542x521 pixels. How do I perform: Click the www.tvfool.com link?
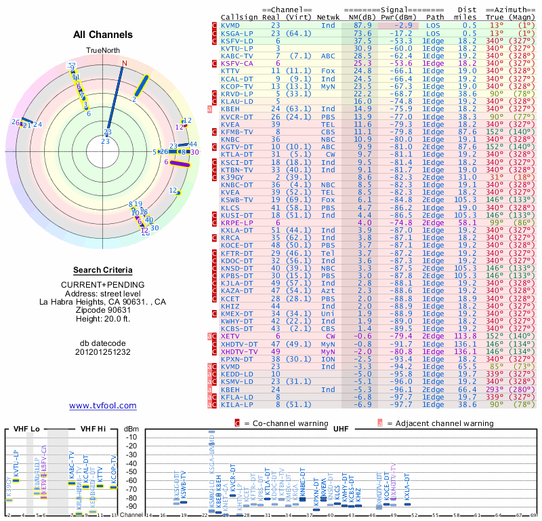click(102, 406)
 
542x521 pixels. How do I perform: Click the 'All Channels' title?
click(102, 35)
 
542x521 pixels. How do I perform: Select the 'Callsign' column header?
click(239, 17)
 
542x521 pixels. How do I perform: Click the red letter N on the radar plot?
click(124, 63)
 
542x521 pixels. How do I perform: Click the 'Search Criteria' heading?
click(102, 270)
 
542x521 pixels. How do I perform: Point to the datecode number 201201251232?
click(102, 352)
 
